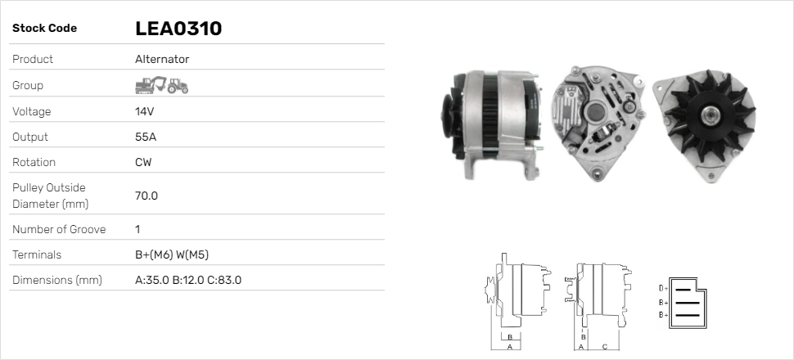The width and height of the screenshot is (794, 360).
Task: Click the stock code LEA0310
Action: click(x=178, y=29)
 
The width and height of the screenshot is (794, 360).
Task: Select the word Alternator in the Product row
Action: click(x=161, y=59)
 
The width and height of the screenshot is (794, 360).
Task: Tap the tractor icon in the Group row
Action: click(x=178, y=85)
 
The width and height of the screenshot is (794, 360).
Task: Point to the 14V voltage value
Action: click(x=144, y=111)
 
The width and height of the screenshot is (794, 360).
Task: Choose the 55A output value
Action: click(x=145, y=137)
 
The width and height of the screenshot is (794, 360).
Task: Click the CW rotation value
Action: click(x=143, y=162)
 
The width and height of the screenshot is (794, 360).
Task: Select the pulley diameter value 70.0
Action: click(x=147, y=196)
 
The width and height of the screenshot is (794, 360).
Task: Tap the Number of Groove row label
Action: click(x=59, y=229)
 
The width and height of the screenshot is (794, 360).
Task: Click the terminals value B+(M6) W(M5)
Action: click(x=177, y=254)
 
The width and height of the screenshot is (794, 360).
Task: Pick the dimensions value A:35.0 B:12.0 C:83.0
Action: click(x=187, y=280)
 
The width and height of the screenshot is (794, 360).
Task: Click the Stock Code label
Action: click(x=44, y=29)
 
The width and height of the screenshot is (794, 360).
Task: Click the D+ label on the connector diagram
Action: click(x=664, y=289)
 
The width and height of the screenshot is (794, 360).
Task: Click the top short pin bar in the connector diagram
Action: click(x=687, y=289)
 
